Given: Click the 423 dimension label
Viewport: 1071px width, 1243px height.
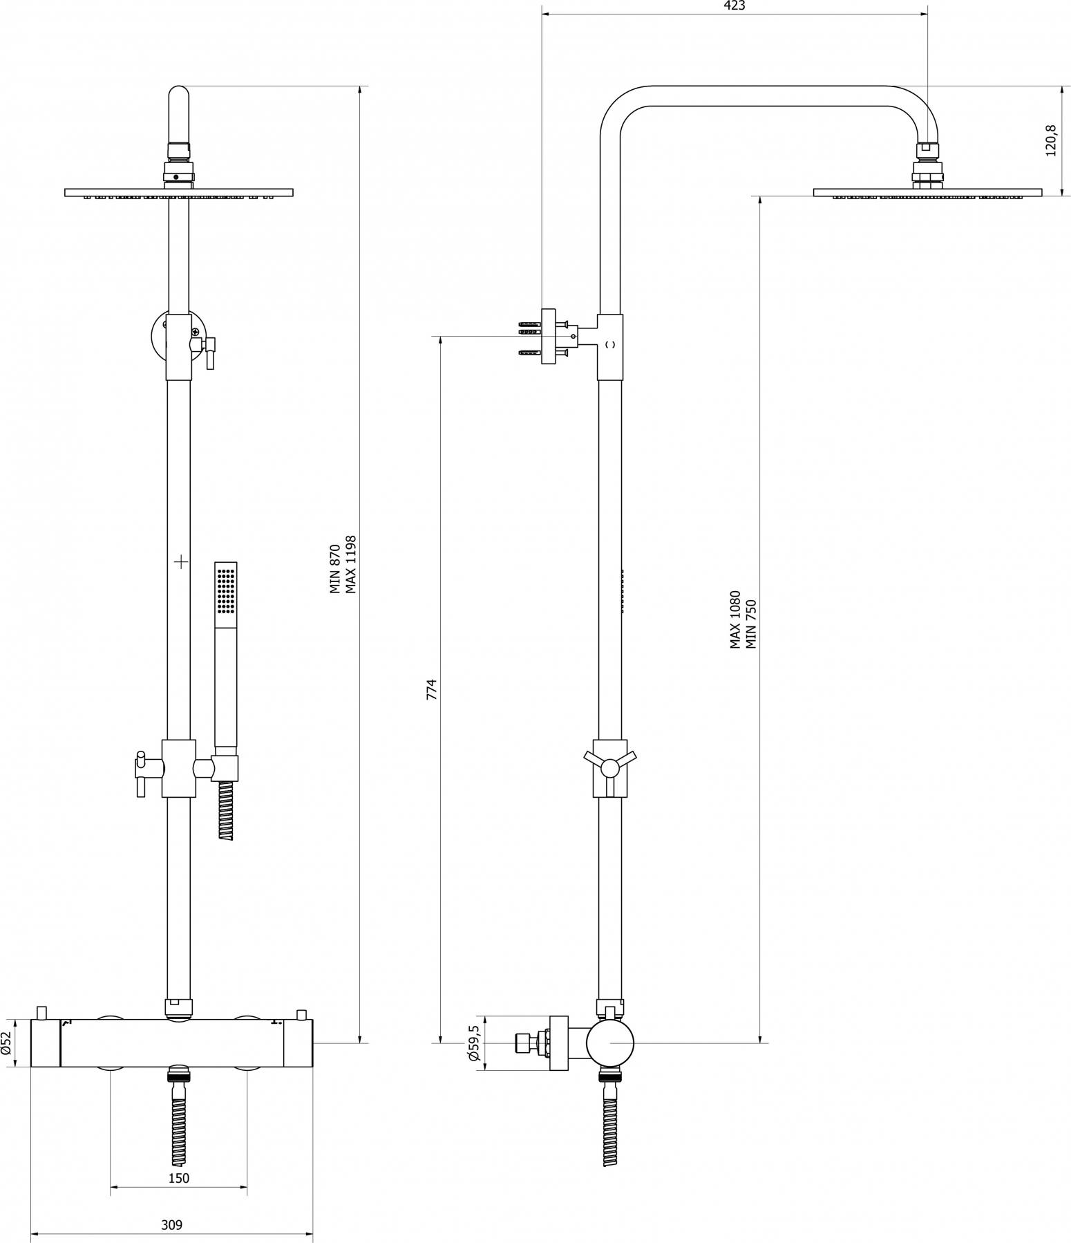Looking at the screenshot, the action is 734,6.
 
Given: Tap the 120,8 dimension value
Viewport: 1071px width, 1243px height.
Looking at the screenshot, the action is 1051,141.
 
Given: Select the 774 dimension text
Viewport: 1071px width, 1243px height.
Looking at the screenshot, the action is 432,690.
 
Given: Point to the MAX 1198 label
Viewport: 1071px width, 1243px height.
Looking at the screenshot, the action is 352,564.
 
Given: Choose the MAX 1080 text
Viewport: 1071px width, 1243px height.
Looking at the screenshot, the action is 735,619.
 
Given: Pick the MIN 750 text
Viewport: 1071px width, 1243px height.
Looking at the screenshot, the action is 752,624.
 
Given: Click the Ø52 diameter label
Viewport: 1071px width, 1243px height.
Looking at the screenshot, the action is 6,1043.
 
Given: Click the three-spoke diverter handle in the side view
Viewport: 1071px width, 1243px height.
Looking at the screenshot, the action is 610,767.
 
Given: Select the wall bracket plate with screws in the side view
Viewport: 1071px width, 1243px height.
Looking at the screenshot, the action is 549,336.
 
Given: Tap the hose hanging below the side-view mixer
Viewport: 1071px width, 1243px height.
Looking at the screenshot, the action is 609,1121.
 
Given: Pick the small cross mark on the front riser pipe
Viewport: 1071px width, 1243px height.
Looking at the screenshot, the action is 181,562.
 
